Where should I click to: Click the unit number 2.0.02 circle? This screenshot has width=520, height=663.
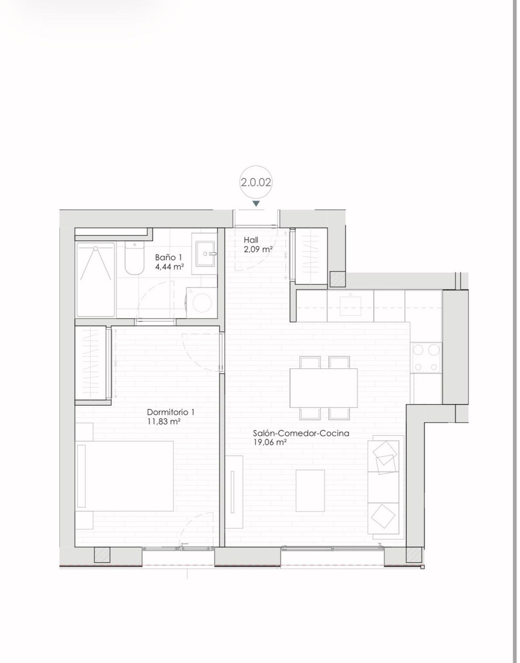coord(256,182)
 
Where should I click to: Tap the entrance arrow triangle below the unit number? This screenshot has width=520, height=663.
coord(256,204)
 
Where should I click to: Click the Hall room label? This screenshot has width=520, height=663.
coord(251,240)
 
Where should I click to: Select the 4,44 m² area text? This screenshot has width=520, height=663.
coord(170,267)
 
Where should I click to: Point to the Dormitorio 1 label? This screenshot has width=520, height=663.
coord(171,412)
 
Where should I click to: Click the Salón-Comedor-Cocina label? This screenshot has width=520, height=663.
coord(301,433)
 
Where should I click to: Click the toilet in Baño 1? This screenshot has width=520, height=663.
coord(134,258)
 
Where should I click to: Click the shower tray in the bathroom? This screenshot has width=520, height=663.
coord(96,279)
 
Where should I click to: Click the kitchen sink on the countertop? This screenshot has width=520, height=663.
coord(350,304)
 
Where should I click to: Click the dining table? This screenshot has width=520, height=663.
coord(323,388)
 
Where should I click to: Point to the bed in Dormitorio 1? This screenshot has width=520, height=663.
coord(125,476)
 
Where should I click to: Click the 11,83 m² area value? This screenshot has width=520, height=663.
coord(164,421)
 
